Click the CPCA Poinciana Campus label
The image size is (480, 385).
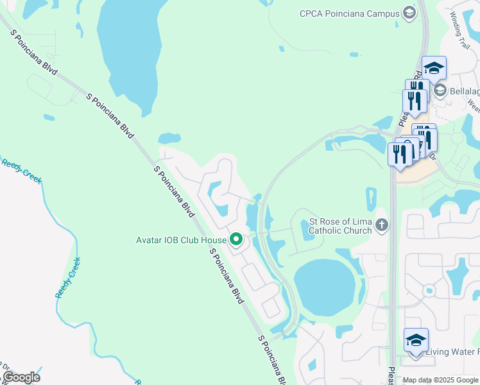pos(349,13)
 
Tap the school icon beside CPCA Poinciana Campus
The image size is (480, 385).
pos(409,13)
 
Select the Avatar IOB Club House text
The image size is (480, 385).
pos(181,240)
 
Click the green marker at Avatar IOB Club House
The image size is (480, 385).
pos(236,240)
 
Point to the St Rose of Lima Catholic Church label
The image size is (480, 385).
pos(340,225)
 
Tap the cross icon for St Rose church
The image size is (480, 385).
pos(382,225)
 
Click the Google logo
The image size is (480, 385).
pos(21,377)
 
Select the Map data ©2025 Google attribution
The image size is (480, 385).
pos(440,380)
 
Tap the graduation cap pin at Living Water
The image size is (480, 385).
pos(416,340)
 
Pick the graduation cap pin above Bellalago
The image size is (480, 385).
pos(434,68)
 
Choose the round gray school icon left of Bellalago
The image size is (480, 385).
pos(440,90)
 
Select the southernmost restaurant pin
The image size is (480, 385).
pos(400,155)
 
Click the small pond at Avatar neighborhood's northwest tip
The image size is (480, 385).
pos(169,138)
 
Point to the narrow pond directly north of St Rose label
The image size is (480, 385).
pos(371,199)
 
